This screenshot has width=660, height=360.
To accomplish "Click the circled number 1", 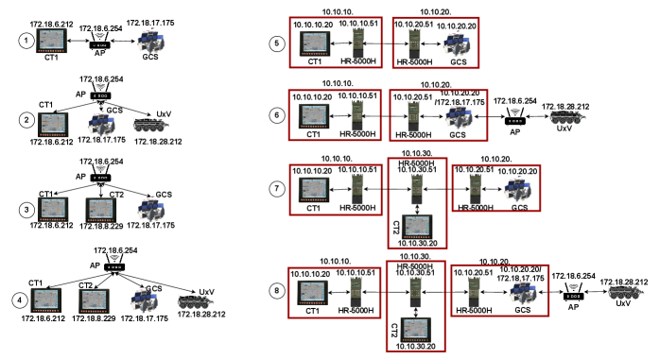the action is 26,41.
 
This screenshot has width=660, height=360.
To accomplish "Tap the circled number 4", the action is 19,300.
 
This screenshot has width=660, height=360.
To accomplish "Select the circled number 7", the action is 276,188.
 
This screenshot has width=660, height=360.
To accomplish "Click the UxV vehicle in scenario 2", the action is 150,125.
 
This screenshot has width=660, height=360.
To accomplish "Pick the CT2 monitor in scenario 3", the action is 101,210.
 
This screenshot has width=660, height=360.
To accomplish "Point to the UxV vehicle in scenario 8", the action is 625,292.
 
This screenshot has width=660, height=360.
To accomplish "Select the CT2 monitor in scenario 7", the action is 417,227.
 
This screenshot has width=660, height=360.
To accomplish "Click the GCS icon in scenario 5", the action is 457,45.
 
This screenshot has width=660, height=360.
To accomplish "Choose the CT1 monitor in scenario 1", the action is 51,41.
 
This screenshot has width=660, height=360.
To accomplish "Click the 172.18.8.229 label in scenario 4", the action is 94,318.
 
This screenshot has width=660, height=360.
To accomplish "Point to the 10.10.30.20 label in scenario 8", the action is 415,346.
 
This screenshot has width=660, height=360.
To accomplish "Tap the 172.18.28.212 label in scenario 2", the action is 158,142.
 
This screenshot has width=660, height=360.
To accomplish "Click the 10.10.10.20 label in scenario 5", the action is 313,25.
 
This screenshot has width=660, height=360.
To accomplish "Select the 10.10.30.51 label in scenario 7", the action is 417,169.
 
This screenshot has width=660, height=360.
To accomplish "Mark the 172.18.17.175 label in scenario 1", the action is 150,23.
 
